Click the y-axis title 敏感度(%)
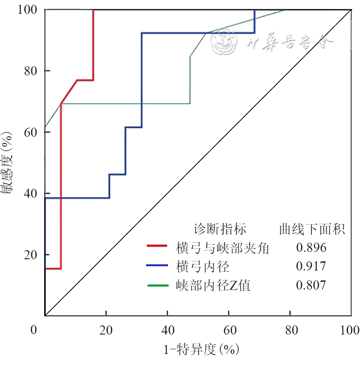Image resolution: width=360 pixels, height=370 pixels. [9, 163]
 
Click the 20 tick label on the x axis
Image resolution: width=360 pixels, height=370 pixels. [106, 331]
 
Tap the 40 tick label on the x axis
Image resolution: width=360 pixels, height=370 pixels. [167, 331]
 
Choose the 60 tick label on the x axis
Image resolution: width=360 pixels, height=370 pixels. [229, 331]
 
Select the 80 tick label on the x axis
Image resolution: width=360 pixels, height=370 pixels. [291, 331]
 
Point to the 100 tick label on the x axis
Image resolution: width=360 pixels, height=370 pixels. [349, 331]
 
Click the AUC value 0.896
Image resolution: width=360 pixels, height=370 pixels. [311, 248]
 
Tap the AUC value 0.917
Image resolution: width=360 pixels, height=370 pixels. [311, 266]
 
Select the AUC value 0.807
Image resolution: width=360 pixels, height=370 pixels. [311, 285]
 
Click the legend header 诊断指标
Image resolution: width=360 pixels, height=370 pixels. [220, 229]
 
